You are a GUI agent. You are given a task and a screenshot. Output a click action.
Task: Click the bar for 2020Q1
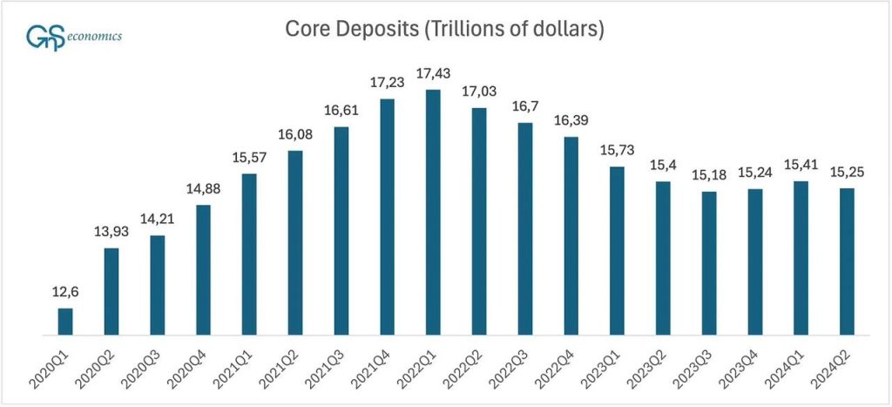click(65, 322)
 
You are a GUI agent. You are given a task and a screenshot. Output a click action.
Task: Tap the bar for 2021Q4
click(387, 217)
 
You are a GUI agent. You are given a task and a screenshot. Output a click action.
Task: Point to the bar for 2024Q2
click(847, 261)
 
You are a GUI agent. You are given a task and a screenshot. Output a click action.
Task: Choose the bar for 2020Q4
click(203, 270)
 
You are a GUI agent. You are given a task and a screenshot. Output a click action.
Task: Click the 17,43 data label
click(433, 74)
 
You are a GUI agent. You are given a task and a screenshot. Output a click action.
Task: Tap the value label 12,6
click(65, 292)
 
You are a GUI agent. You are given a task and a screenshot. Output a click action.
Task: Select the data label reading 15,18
click(709, 174)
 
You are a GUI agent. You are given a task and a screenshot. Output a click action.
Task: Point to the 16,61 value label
click(341, 112)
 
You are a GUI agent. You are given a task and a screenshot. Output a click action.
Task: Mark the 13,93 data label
click(111, 232)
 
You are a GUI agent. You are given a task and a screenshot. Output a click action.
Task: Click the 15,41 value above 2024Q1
click(801, 165)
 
